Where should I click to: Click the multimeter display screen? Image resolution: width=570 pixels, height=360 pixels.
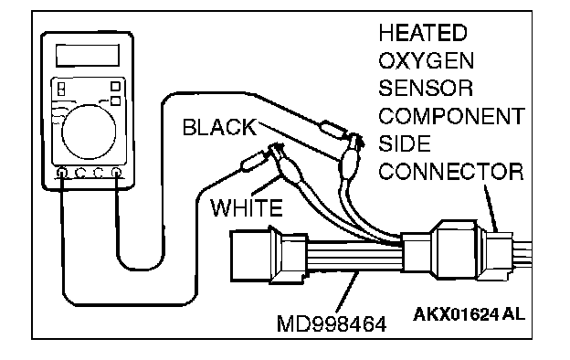click(x=88, y=56)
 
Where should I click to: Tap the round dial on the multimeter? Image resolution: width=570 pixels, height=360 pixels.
click(x=89, y=132)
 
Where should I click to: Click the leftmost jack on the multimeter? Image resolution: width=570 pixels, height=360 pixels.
click(x=62, y=173)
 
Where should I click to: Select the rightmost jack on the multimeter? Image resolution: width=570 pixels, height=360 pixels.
click(x=116, y=173)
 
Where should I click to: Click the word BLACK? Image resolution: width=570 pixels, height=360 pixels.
click(x=219, y=127)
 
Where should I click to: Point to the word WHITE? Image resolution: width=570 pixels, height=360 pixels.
click(x=247, y=207)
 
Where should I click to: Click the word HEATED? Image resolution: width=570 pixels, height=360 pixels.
click(x=423, y=33)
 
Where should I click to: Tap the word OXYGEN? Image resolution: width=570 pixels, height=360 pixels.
click(x=427, y=60)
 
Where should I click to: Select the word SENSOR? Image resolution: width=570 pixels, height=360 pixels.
click(x=426, y=89)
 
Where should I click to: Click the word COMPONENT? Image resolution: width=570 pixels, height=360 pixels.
click(x=452, y=116)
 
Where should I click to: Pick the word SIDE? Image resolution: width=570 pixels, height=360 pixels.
click(x=405, y=143)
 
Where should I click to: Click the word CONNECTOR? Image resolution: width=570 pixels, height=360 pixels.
click(x=451, y=172)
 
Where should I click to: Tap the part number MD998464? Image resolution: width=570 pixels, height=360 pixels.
click(x=332, y=324)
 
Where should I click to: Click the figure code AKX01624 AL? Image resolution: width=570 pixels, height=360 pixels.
click(x=469, y=314)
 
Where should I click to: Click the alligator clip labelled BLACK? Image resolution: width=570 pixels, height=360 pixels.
click(x=351, y=155)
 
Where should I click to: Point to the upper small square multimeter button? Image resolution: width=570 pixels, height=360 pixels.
click(x=115, y=86)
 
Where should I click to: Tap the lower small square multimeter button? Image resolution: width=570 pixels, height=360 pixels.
click(x=115, y=101)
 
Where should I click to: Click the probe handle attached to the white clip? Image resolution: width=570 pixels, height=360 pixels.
click(x=253, y=162)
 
